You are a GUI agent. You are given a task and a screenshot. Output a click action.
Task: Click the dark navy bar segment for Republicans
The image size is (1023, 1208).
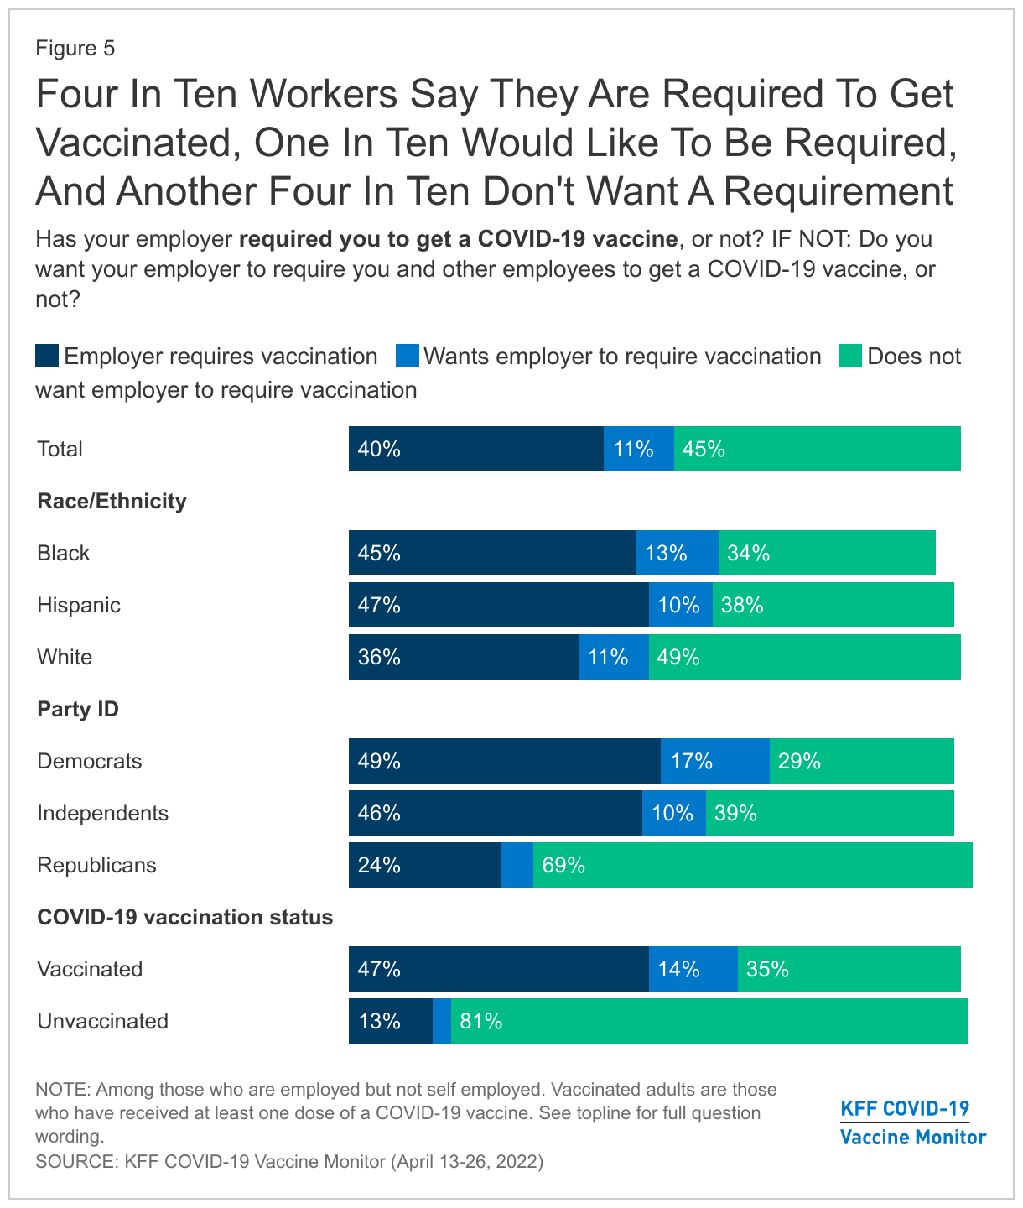[424, 865]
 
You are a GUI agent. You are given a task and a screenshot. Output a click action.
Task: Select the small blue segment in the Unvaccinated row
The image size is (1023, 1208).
[442, 1021]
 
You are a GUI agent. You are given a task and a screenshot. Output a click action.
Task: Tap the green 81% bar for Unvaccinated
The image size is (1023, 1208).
[709, 1021]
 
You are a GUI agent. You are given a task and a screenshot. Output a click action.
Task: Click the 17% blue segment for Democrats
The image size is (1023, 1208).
[714, 761]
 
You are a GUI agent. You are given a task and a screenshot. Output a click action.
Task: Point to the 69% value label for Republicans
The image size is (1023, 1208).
[563, 865]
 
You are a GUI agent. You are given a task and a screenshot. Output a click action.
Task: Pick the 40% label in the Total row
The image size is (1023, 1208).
[379, 449]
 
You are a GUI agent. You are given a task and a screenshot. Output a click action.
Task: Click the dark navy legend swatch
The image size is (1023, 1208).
[47, 357]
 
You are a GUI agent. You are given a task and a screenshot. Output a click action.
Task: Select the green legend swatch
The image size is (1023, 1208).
[850, 357]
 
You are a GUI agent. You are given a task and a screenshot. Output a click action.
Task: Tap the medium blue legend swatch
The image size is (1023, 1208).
[408, 357]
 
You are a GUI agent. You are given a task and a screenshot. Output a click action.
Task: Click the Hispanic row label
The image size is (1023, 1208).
[79, 605]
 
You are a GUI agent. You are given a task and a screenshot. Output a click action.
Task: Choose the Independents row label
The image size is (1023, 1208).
[102, 813]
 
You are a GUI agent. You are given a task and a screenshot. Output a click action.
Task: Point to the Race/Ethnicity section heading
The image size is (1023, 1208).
[112, 501]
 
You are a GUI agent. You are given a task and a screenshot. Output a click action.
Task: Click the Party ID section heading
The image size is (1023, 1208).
[78, 709]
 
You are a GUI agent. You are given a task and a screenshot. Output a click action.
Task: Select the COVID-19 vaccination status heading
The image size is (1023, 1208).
[184, 917]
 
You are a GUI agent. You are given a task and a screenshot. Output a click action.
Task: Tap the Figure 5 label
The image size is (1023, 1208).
[75, 49]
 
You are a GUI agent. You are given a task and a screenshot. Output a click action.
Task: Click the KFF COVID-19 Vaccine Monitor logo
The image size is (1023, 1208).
[912, 1122]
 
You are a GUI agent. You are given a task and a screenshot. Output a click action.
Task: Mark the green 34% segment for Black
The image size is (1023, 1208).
[827, 553]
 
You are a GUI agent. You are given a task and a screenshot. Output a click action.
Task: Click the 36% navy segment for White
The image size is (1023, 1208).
[463, 657]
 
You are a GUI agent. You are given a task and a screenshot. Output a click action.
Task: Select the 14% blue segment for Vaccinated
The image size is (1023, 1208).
[693, 969]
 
